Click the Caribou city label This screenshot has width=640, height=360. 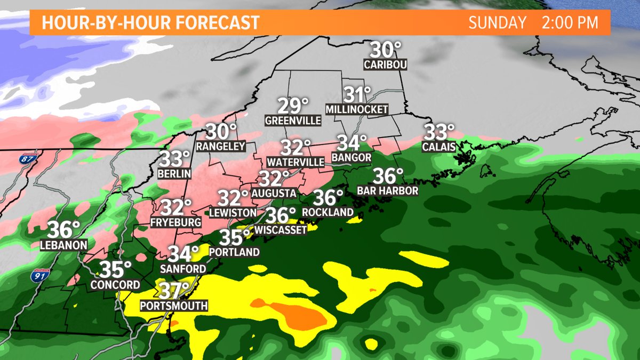pos(385,65)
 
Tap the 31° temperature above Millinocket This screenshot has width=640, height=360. pos(356,95)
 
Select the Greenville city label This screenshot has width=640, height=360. pos(293,121)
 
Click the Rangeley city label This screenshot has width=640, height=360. pos(220,146)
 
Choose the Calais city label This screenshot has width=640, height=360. pos(439,146)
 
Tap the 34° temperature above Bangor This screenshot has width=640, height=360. pos(351,142)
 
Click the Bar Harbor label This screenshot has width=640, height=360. pos(388,190)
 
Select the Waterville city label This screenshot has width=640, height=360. pos(296,161)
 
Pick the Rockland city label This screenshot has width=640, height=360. pos(327,212)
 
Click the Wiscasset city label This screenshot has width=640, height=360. pos(281,230)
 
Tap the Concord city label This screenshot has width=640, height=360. pos(115,284)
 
